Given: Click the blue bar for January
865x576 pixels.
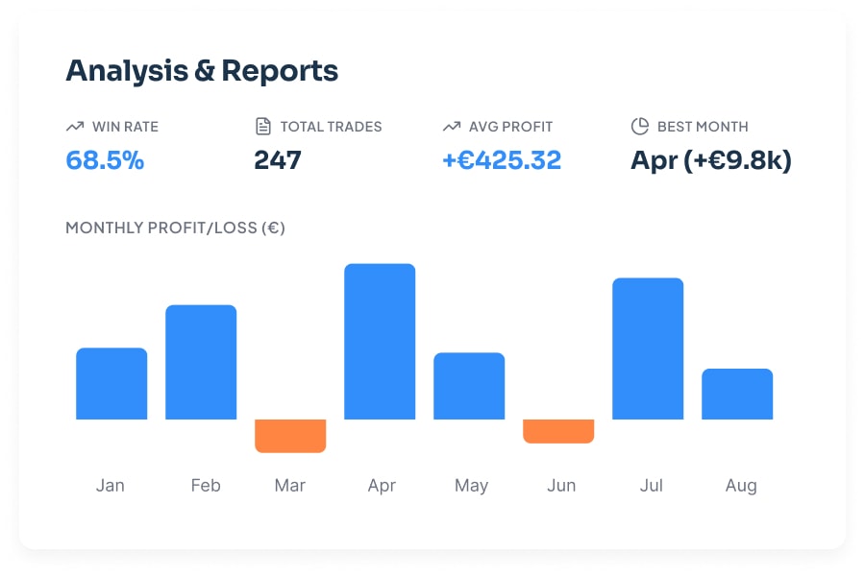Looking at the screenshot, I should [111, 383].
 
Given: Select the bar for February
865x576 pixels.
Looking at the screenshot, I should [201, 362].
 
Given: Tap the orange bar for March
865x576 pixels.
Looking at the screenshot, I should [290, 435].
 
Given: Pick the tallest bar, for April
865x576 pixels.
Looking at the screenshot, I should [380, 341].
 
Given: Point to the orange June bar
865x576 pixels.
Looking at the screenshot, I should [558, 431].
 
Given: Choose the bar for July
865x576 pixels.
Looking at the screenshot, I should [648, 348].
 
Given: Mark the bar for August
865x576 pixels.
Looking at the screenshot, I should [737, 394].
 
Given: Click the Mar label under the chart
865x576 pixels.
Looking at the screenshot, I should [290, 485].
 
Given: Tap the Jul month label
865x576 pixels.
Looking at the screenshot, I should [652, 485].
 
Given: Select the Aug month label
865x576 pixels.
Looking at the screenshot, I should [741, 485].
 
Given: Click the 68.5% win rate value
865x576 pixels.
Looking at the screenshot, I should [105, 159].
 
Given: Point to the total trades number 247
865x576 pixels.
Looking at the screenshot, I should [278, 159].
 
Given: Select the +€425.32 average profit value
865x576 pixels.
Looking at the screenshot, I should [502, 159].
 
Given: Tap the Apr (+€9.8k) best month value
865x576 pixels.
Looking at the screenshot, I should [711, 159].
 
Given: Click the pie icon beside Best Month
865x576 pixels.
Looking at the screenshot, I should [640, 126].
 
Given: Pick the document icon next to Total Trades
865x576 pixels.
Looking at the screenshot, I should [263, 126].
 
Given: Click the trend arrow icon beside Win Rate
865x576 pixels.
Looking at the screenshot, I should [75, 126].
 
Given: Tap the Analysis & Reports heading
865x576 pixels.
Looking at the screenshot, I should [202, 70].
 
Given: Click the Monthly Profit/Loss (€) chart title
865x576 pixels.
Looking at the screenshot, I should [175, 228].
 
